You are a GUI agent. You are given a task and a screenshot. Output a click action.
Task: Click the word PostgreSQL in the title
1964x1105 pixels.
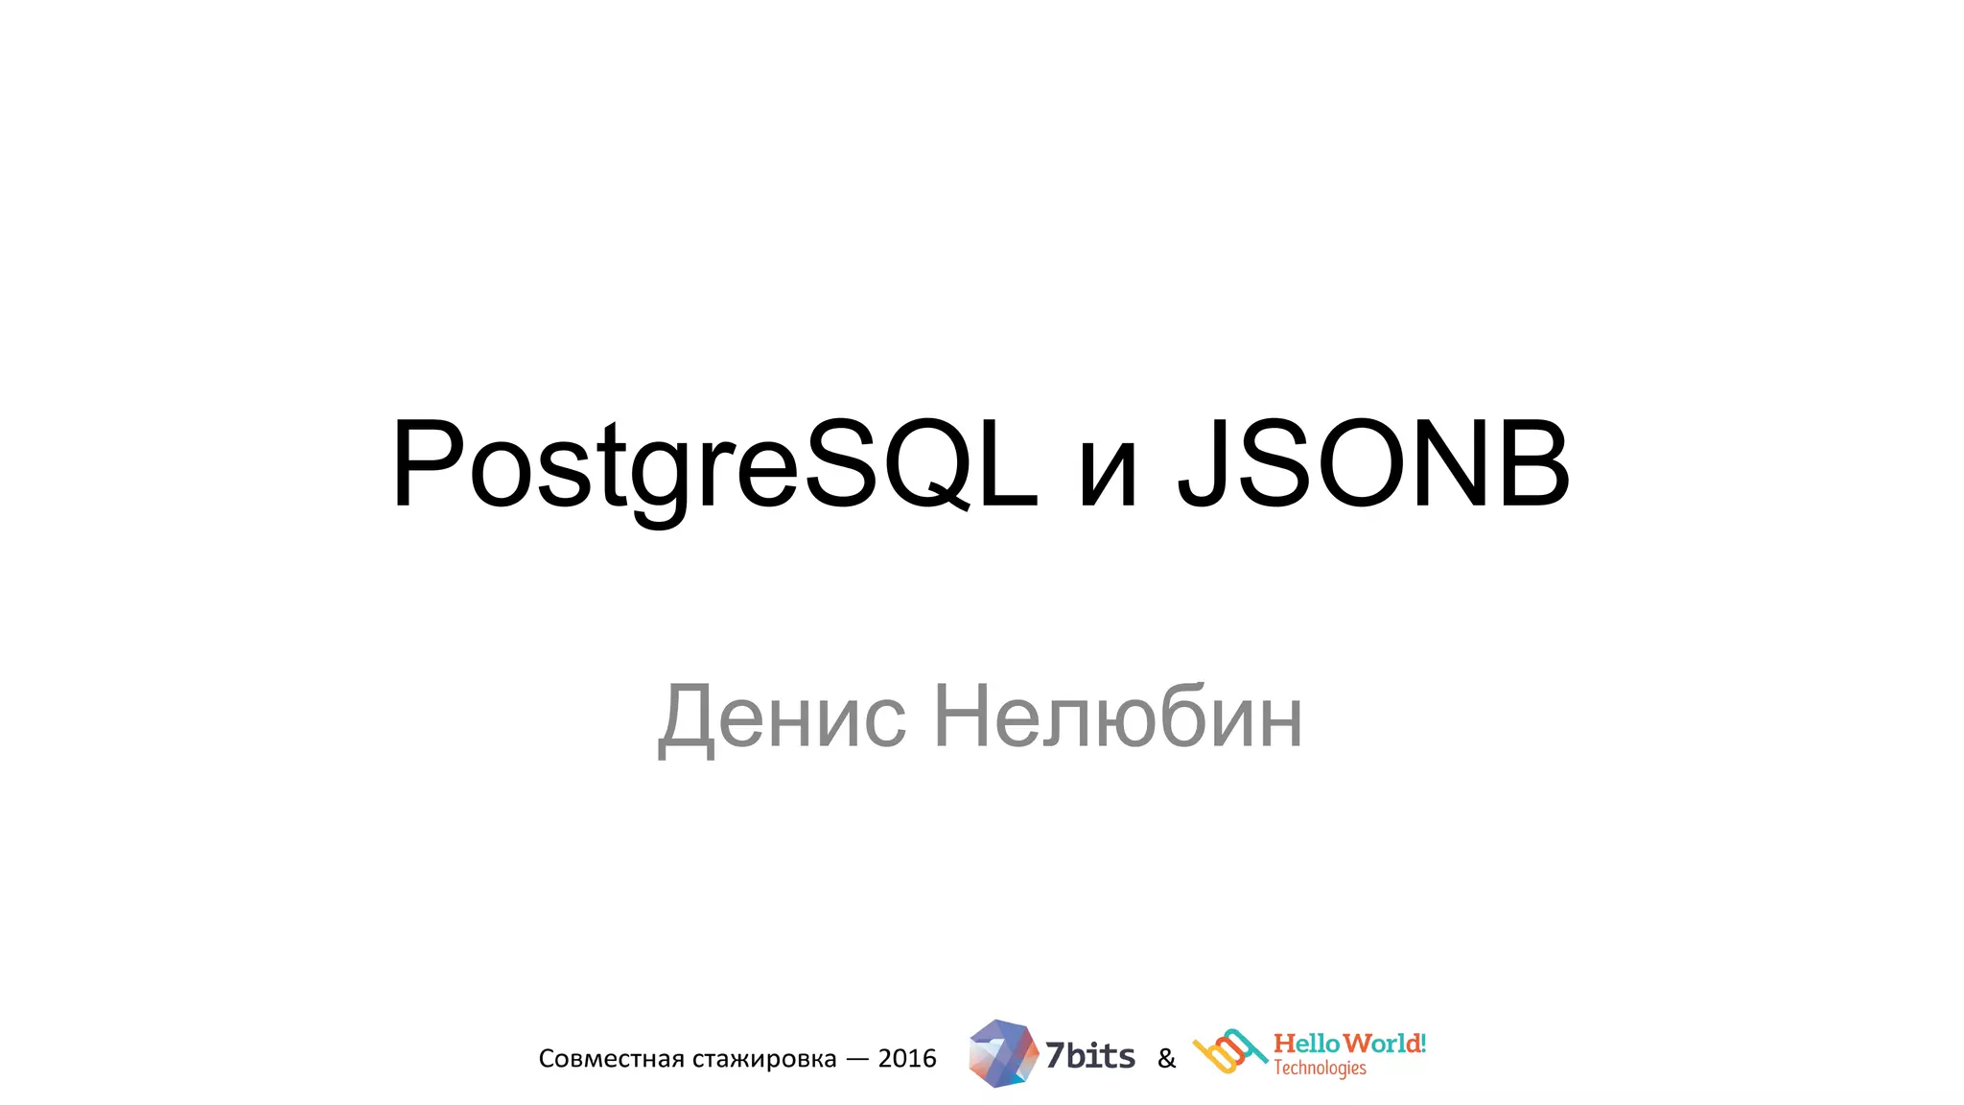point(714,465)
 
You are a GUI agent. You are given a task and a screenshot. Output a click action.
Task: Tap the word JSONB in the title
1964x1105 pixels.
point(1373,465)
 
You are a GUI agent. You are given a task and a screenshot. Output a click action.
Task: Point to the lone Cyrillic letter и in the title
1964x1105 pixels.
point(1108,475)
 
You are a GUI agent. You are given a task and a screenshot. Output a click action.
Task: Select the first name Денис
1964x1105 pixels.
point(782,717)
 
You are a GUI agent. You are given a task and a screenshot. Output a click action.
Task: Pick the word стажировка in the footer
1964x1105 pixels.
point(764,1059)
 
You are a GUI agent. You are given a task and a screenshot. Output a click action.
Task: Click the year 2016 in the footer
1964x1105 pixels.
point(907,1058)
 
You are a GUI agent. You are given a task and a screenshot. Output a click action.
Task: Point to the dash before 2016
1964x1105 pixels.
point(857,1059)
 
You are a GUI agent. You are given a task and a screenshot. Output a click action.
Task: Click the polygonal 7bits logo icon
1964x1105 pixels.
point(1002,1053)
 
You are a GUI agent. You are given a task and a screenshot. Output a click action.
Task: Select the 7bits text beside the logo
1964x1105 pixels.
point(1089,1056)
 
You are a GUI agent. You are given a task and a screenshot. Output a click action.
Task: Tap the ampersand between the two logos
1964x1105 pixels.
point(1166,1059)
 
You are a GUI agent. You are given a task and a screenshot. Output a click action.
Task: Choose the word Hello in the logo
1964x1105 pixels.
point(1305,1044)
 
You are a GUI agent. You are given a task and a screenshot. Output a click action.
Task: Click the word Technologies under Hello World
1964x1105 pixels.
point(1320,1069)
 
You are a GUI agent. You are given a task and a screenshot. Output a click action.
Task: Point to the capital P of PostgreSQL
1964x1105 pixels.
point(427,464)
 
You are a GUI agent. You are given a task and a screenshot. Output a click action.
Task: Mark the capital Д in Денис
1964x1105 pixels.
point(687,719)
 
